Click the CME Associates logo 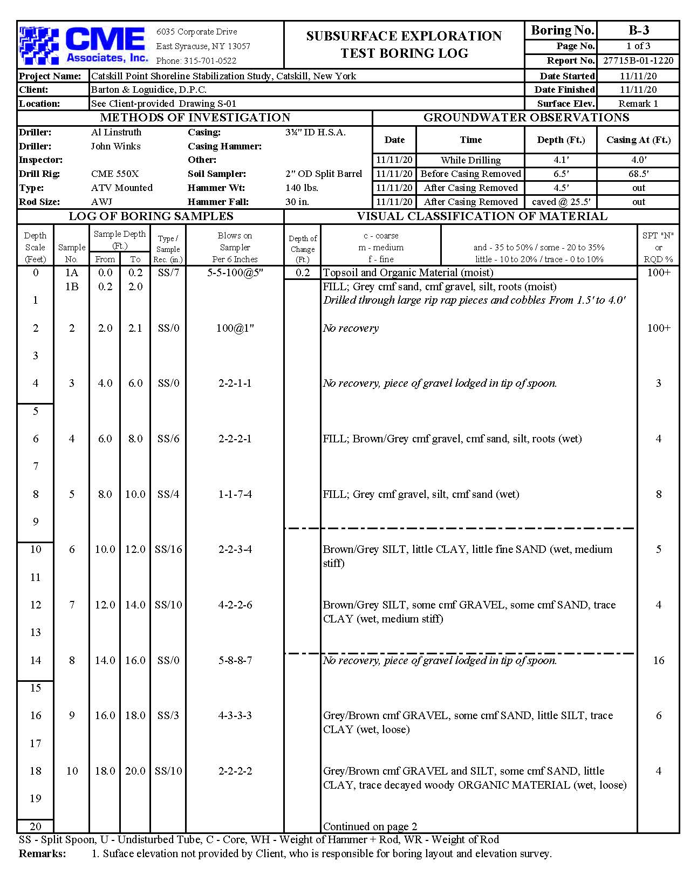click(x=84, y=45)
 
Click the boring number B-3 click(x=638, y=30)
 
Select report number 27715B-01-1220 click(x=638, y=60)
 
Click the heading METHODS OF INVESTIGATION click(x=195, y=118)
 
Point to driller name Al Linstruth click(x=116, y=132)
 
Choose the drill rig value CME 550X click(x=115, y=174)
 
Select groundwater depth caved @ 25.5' click(x=561, y=202)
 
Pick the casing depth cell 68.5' click(x=638, y=174)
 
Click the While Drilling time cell click(x=470, y=160)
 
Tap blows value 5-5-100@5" click(x=235, y=272)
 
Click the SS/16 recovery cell click(x=168, y=549)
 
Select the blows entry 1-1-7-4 click(x=235, y=494)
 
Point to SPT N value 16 click(x=658, y=660)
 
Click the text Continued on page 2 click(x=370, y=826)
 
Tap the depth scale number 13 click(x=36, y=632)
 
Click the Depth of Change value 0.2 click(x=303, y=272)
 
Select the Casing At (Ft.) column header click(x=638, y=140)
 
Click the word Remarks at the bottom click(x=42, y=853)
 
